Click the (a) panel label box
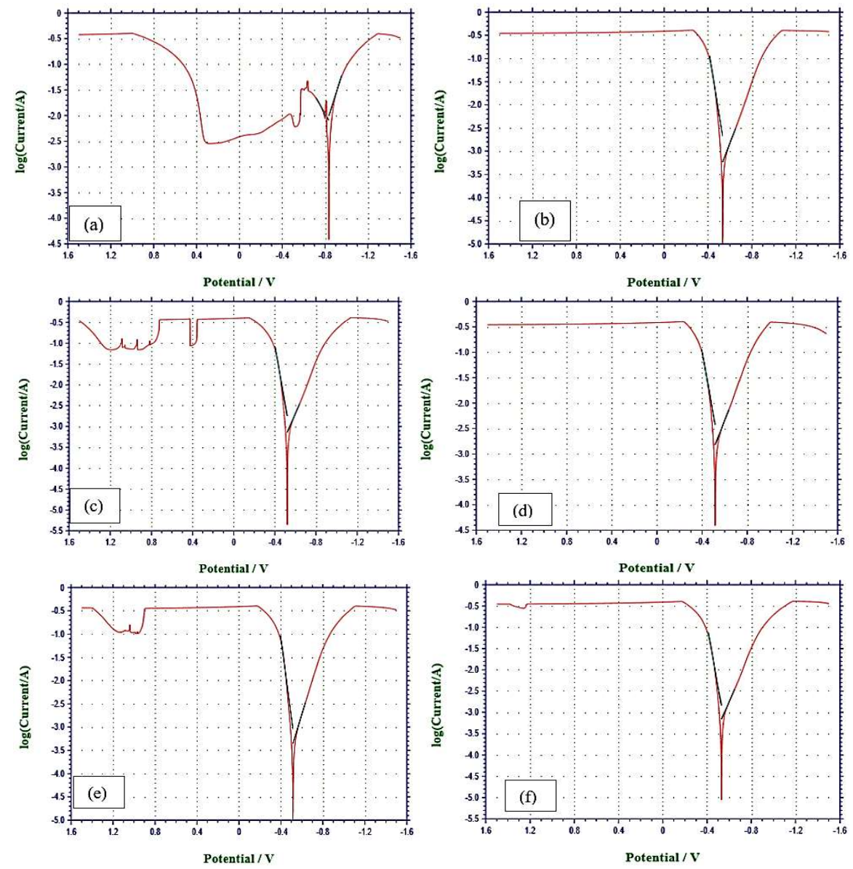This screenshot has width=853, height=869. tap(94, 224)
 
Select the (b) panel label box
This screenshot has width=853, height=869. tap(545, 220)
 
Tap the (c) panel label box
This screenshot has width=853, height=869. tap(94, 505)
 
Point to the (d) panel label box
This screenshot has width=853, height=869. tap(524, 509)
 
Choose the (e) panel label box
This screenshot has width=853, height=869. tap(99, 792)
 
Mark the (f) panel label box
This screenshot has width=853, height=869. tap(529, 796)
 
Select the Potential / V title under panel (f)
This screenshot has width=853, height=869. tap(662, 857)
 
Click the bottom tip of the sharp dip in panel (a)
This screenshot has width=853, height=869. tap(329, 238)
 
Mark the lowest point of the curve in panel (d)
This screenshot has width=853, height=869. tap(715, 524)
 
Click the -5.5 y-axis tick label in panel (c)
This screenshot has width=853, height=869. tap(55, 531)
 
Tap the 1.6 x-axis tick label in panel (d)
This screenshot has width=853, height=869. tap(476, 542)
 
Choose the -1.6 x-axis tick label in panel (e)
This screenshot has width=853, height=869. tap(407, 831)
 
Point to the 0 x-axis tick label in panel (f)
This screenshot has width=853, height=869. tap(662, 830)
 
